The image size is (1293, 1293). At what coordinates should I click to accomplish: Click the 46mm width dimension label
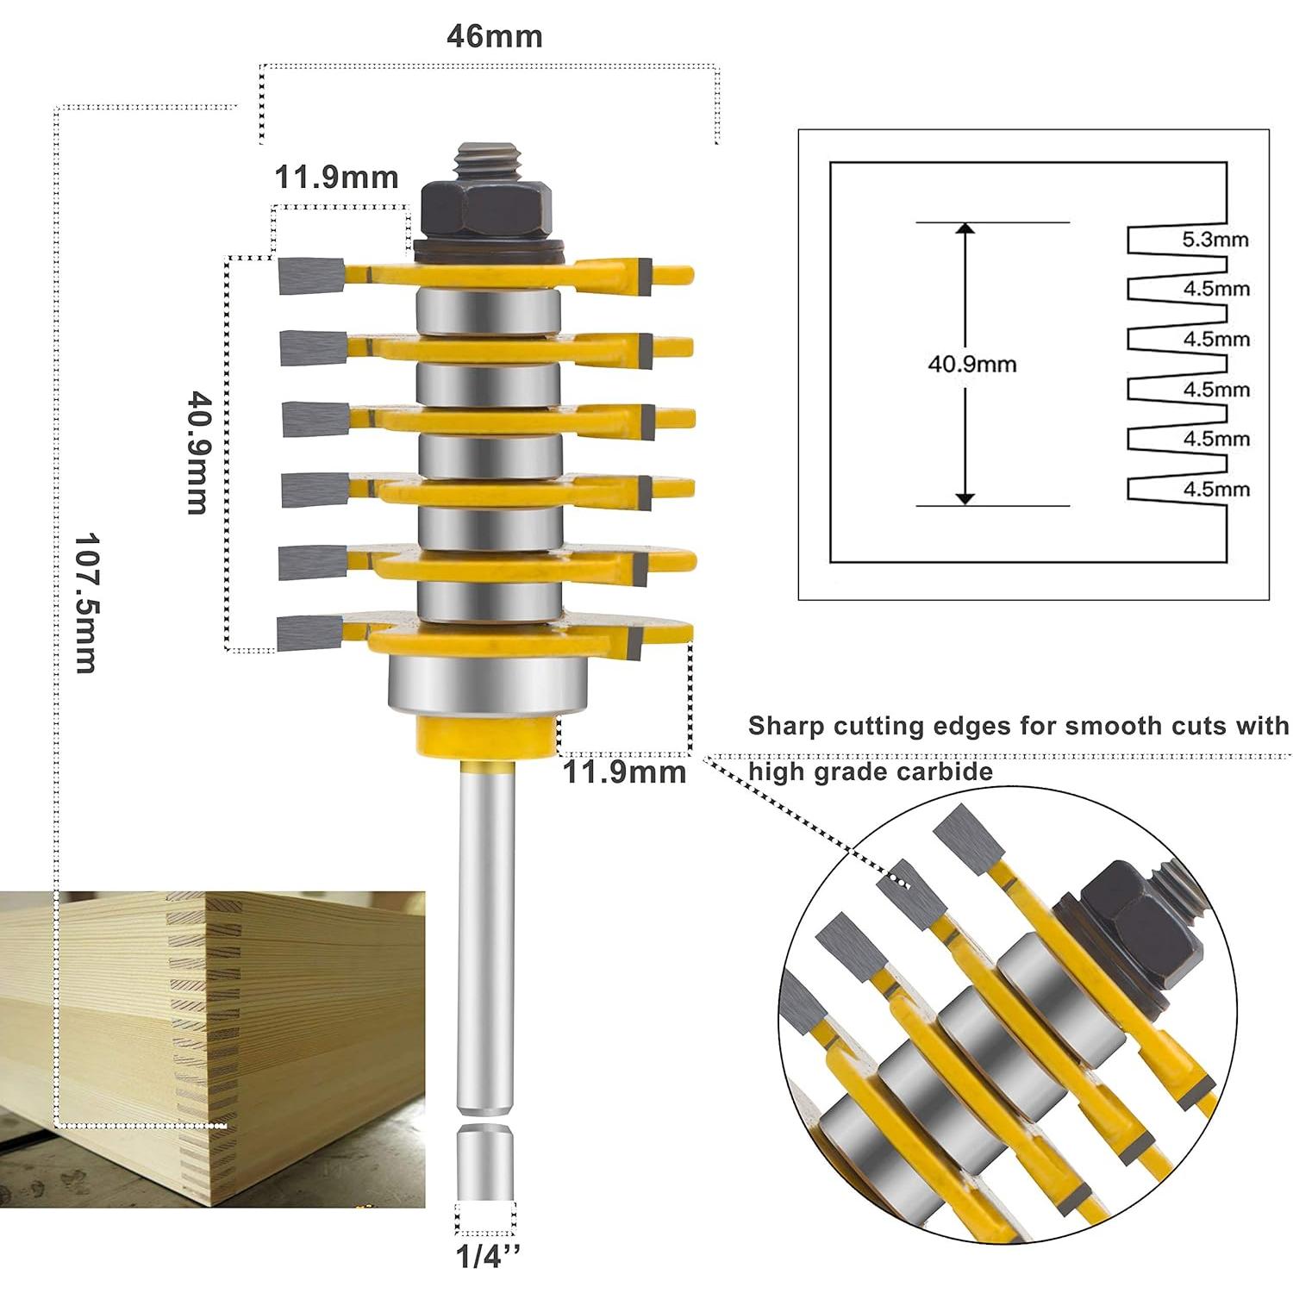click(494, 37)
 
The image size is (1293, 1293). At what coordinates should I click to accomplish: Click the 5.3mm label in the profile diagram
click(1215, 240)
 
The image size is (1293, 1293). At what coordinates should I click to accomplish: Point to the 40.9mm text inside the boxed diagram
click(971, 364)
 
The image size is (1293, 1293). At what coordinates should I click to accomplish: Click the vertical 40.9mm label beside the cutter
click(197, 453)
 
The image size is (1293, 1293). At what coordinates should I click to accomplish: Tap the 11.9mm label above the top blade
click(336, 178)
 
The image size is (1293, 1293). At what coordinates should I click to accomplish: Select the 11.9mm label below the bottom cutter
click(624, 771)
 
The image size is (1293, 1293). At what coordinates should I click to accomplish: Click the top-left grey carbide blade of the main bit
click(311, 275)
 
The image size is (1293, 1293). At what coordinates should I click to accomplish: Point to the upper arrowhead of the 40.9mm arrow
click(965, 230)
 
